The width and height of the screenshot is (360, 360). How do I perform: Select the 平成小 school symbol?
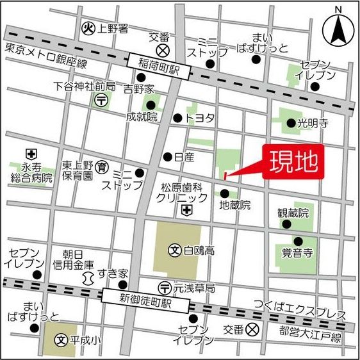[x=62, y=340]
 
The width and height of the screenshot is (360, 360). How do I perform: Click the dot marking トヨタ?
[x=177, y=118]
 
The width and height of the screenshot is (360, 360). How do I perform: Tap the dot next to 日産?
[x=167, y=156]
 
